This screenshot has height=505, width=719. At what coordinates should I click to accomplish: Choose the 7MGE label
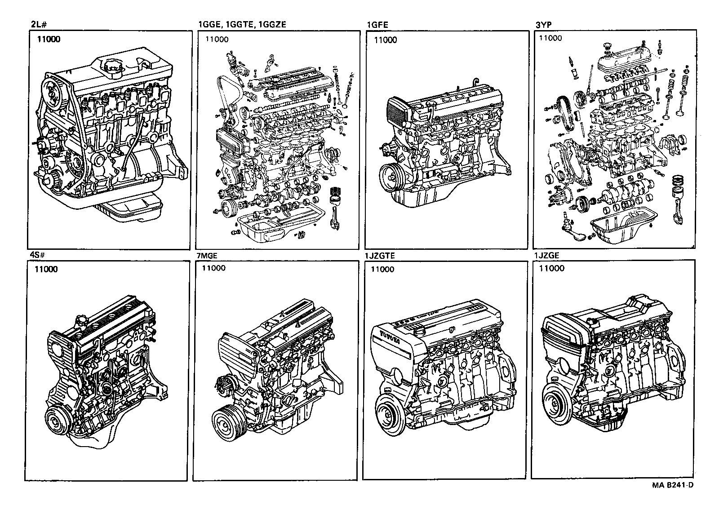click(207, 256)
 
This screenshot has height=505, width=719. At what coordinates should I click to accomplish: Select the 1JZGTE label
click(380, 256)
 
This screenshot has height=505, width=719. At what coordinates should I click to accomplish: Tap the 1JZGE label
click(546, 256)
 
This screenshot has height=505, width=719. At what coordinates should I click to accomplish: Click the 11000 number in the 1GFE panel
click(386, 40)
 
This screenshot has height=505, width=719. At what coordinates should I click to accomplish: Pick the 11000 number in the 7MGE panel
click(213, 268)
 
